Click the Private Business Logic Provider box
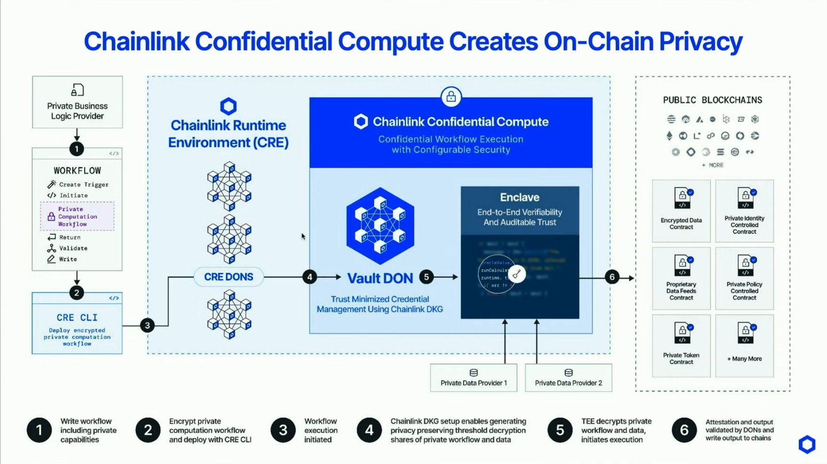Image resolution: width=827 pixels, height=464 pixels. point(77,102)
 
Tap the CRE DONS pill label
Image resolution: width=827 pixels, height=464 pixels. point(228,277)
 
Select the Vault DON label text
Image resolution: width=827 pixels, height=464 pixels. point(380,278)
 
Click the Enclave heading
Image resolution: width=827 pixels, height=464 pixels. point(520,197)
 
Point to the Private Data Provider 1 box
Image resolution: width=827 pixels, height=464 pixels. point(473,378)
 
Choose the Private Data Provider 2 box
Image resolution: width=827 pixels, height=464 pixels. point(568,378)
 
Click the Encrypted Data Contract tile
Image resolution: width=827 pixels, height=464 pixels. point(681,211)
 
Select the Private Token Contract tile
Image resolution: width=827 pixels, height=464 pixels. point(681,346)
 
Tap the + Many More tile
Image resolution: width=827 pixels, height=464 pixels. point(744,346)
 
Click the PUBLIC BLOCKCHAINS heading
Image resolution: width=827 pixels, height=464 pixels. point(712,100)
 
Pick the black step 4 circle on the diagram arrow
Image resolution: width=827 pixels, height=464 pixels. point(310,277)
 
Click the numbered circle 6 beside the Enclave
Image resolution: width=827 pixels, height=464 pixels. point(612,277)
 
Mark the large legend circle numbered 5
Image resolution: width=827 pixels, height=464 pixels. point(560,430)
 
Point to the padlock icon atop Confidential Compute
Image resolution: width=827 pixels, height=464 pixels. point(451,97)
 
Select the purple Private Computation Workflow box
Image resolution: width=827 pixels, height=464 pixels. point(77,217)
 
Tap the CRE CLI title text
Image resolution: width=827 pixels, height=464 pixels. point(77,318)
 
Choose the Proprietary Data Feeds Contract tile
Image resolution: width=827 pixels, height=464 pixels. point(681,278)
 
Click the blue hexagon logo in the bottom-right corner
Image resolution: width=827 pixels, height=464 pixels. point(807,444)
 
